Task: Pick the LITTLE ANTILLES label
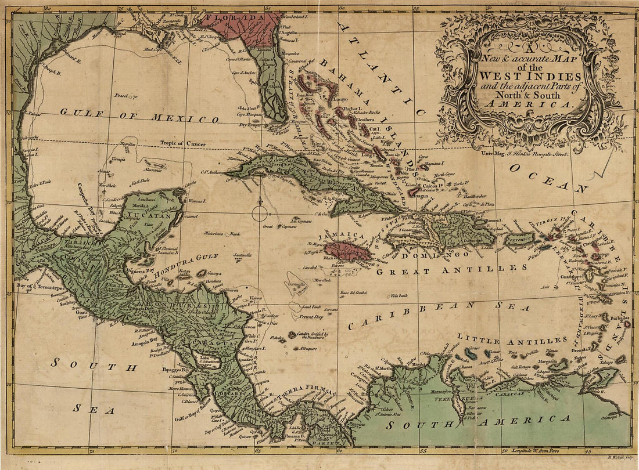tap(512, 339)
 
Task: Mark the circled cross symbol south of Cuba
tap(260, 212)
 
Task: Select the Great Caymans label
tap(271, 227)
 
